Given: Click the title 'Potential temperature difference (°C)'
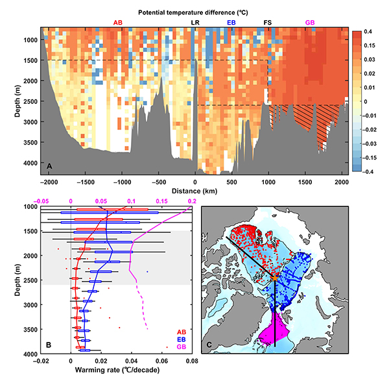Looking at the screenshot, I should tap(194, 12).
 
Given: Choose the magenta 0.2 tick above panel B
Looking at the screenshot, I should tap(192, 201).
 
